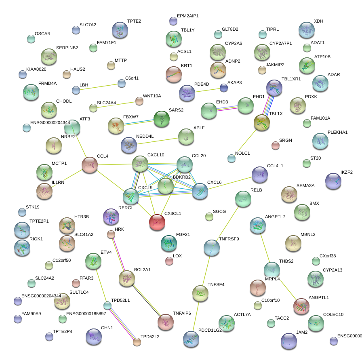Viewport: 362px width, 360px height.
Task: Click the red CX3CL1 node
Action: point(157,221)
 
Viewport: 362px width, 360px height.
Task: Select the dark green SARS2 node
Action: point(162,119)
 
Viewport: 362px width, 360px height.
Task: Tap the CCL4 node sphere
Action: point(90,165)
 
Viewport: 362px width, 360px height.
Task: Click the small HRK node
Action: point(111,234)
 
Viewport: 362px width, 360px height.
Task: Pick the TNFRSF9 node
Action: point(211,247)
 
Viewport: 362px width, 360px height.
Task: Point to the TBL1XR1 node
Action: point(274,88)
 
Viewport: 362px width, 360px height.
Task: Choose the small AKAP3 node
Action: point(224,88)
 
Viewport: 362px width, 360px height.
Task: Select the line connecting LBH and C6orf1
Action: point(99,87)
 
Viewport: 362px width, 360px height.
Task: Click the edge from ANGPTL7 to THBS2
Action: point(265,247)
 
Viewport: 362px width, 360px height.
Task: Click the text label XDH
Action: point(318,21)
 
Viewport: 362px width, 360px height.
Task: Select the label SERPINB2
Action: point(67,48)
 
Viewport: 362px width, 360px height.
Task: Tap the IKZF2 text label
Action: point(346,172)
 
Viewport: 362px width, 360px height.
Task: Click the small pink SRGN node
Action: point(276,145)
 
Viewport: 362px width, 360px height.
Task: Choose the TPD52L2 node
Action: point(137,342)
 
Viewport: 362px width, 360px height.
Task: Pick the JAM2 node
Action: point(288,341)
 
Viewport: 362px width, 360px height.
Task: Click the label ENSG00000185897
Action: point(86,314)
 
